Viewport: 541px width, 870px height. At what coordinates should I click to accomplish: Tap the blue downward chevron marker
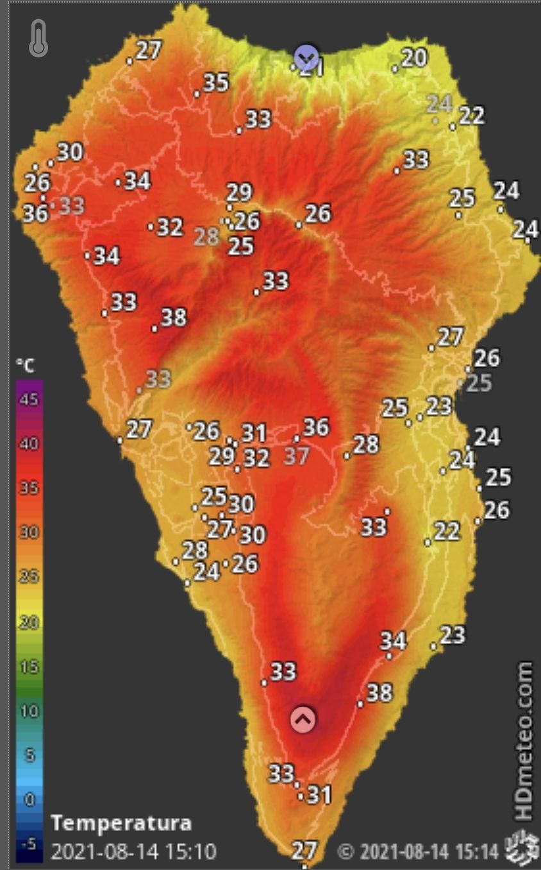(306, 58)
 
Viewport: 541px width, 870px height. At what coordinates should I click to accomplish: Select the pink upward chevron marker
(303, 720)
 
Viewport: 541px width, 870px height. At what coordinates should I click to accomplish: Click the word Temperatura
(121, 823)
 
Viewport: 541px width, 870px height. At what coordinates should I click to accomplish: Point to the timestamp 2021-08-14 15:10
(133, 851)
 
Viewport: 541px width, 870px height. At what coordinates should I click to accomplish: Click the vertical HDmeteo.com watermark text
(524, 741)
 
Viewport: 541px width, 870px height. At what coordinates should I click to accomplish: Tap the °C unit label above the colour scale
(25, 366)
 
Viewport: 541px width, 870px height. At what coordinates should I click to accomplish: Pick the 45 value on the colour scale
(29, 400)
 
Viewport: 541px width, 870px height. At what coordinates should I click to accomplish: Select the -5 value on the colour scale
(29, 844)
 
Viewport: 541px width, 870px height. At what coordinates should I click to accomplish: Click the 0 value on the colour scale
(29, 799)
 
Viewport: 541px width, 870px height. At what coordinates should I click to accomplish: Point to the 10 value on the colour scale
(29, 711)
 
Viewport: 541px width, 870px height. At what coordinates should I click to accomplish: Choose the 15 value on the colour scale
(29, 667)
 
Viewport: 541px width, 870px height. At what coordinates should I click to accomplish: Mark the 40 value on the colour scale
(29, 444)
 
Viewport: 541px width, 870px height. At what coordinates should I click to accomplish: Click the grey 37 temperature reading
(296, 456)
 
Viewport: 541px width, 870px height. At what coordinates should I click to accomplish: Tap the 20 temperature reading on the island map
(414, 58)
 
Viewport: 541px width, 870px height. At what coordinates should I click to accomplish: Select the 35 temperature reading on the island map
(216, 82)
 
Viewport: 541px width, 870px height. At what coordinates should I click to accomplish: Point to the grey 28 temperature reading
(206, 237)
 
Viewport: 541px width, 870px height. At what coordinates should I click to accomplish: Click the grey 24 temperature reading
(440, 103)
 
